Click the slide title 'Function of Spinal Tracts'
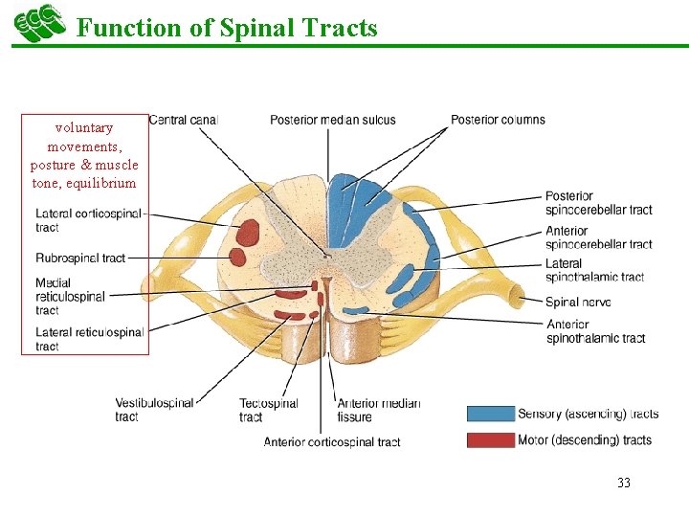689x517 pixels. [x=227, y=28]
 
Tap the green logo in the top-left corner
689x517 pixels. [x=39, y=23]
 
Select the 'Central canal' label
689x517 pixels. [x=184, y=120]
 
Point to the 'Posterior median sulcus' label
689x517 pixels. [x=332, y=120]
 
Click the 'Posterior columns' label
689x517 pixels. [x=498, y=120]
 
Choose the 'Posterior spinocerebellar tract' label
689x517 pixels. [x=598, y=203]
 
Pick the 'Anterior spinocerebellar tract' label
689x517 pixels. [x=598, y=237]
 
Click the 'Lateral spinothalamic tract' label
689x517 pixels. [x=594, y=270]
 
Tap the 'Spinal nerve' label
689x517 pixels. [x=578, y=302]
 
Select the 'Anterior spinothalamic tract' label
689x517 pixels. [x=594, y=330]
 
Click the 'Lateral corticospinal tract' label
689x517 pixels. [x=88, y=219]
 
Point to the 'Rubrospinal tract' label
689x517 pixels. [x=80, y=258]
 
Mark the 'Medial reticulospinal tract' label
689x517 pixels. [x=70, y=297]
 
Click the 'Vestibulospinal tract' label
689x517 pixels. [x=154, y=410]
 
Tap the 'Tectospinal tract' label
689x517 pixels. [x=268, y=410]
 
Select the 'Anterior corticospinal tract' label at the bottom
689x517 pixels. [x=332, y=441]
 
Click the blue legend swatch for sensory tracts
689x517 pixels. [x=489, y=414]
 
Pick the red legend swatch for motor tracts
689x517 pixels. [x=489, y=440]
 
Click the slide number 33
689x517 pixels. [x=624, y=483]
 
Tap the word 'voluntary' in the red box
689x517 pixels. [x=84, y=127]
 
